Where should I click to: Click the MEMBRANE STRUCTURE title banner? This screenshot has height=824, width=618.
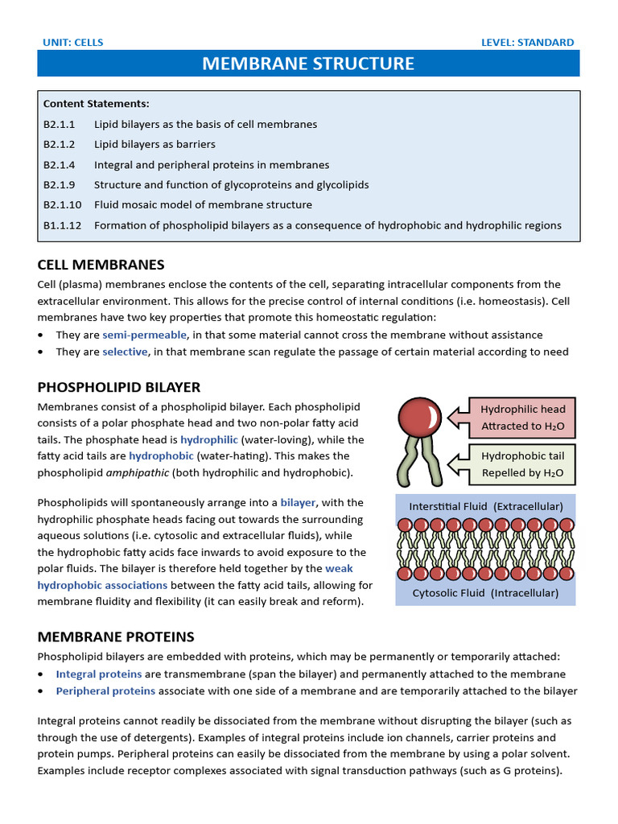click(308, 64)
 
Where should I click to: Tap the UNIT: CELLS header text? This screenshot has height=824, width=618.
click(72, 43)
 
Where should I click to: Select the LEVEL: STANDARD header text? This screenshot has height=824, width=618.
click(527, 43)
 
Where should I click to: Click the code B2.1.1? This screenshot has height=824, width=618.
click(59, 125)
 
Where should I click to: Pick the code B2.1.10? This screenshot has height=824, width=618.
click(62, 205)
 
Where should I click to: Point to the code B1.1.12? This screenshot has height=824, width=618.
click(62, 225)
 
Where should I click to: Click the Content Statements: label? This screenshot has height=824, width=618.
click(96, 104)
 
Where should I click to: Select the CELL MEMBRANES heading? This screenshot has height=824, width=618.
click(101, 265)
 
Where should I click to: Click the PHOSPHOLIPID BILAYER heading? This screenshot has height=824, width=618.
click(118, 387)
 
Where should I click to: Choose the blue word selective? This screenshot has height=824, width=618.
click(125, 352)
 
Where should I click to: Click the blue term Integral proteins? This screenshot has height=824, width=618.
click(98, 674)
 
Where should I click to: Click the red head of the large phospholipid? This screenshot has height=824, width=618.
click(419, 417)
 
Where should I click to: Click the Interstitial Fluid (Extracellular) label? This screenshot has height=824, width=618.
click(486, 506)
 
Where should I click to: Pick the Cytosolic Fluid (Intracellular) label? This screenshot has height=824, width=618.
click(485, 593)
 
